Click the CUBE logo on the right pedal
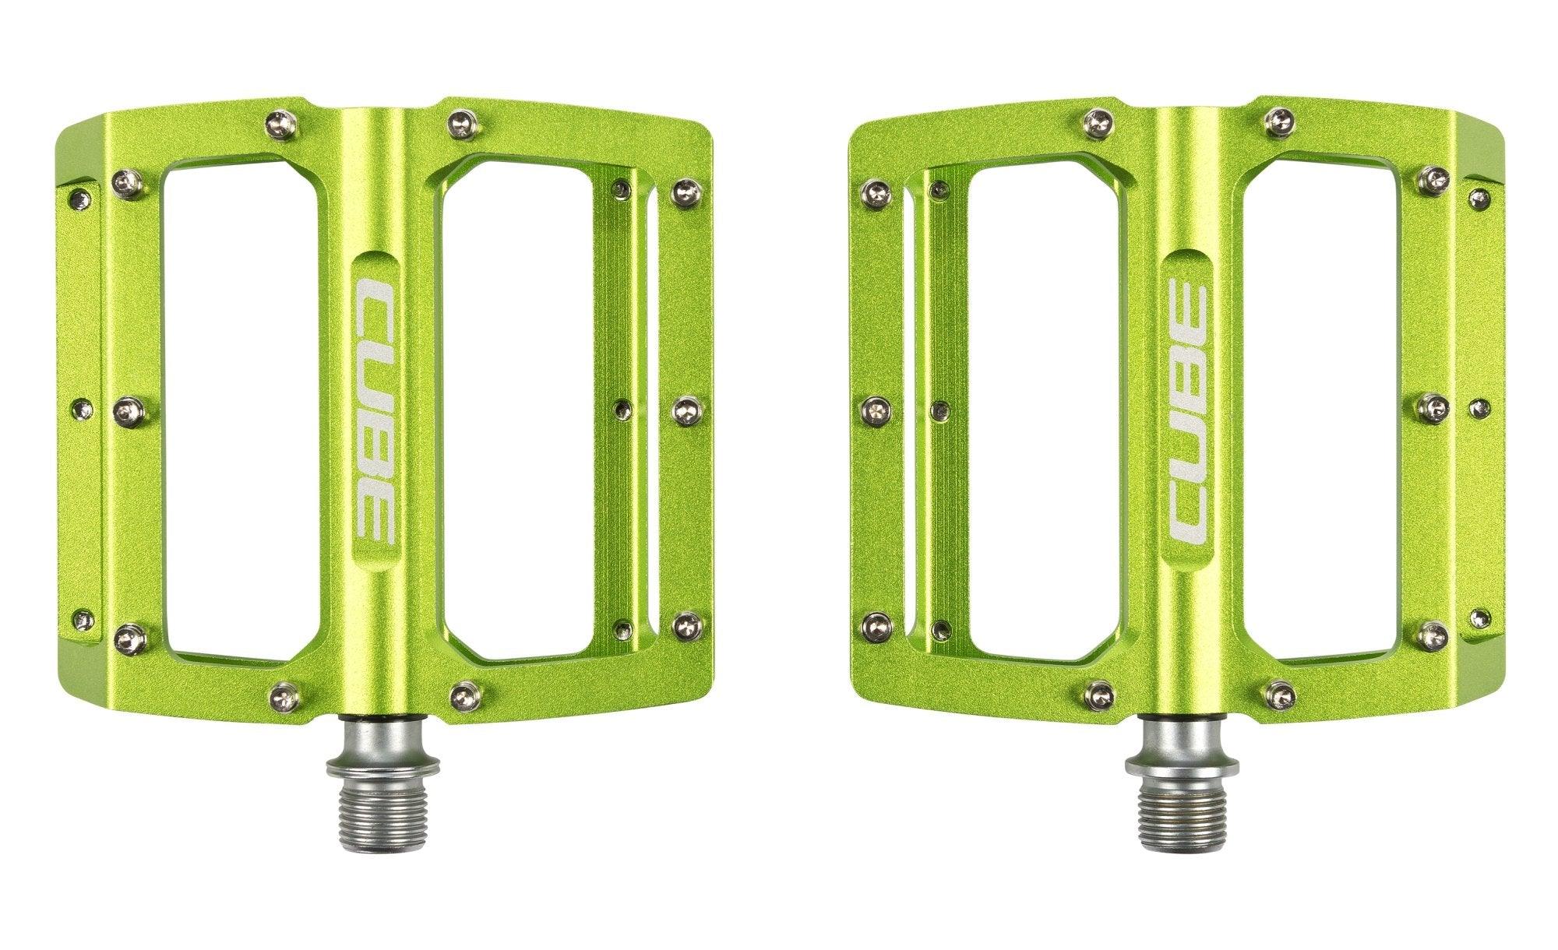1186,412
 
